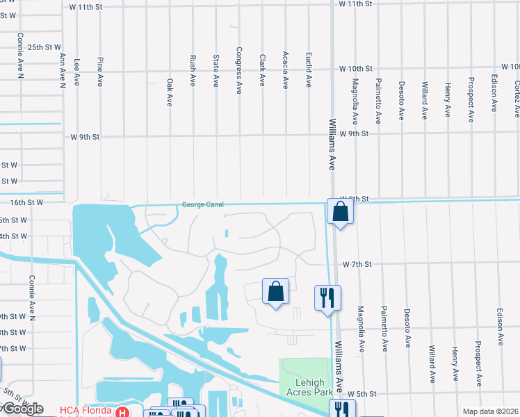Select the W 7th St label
[x=357, y=265]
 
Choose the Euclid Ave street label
[x=309, y=71]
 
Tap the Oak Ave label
[x=169, y=91]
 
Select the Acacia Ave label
[x=285, y=72]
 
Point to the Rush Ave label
[x=192, y=71]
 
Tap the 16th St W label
[x=27, y=202]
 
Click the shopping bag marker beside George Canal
[x=340, y=211]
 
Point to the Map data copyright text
[x=489, y=411]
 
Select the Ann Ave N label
[x=63, y=71]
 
